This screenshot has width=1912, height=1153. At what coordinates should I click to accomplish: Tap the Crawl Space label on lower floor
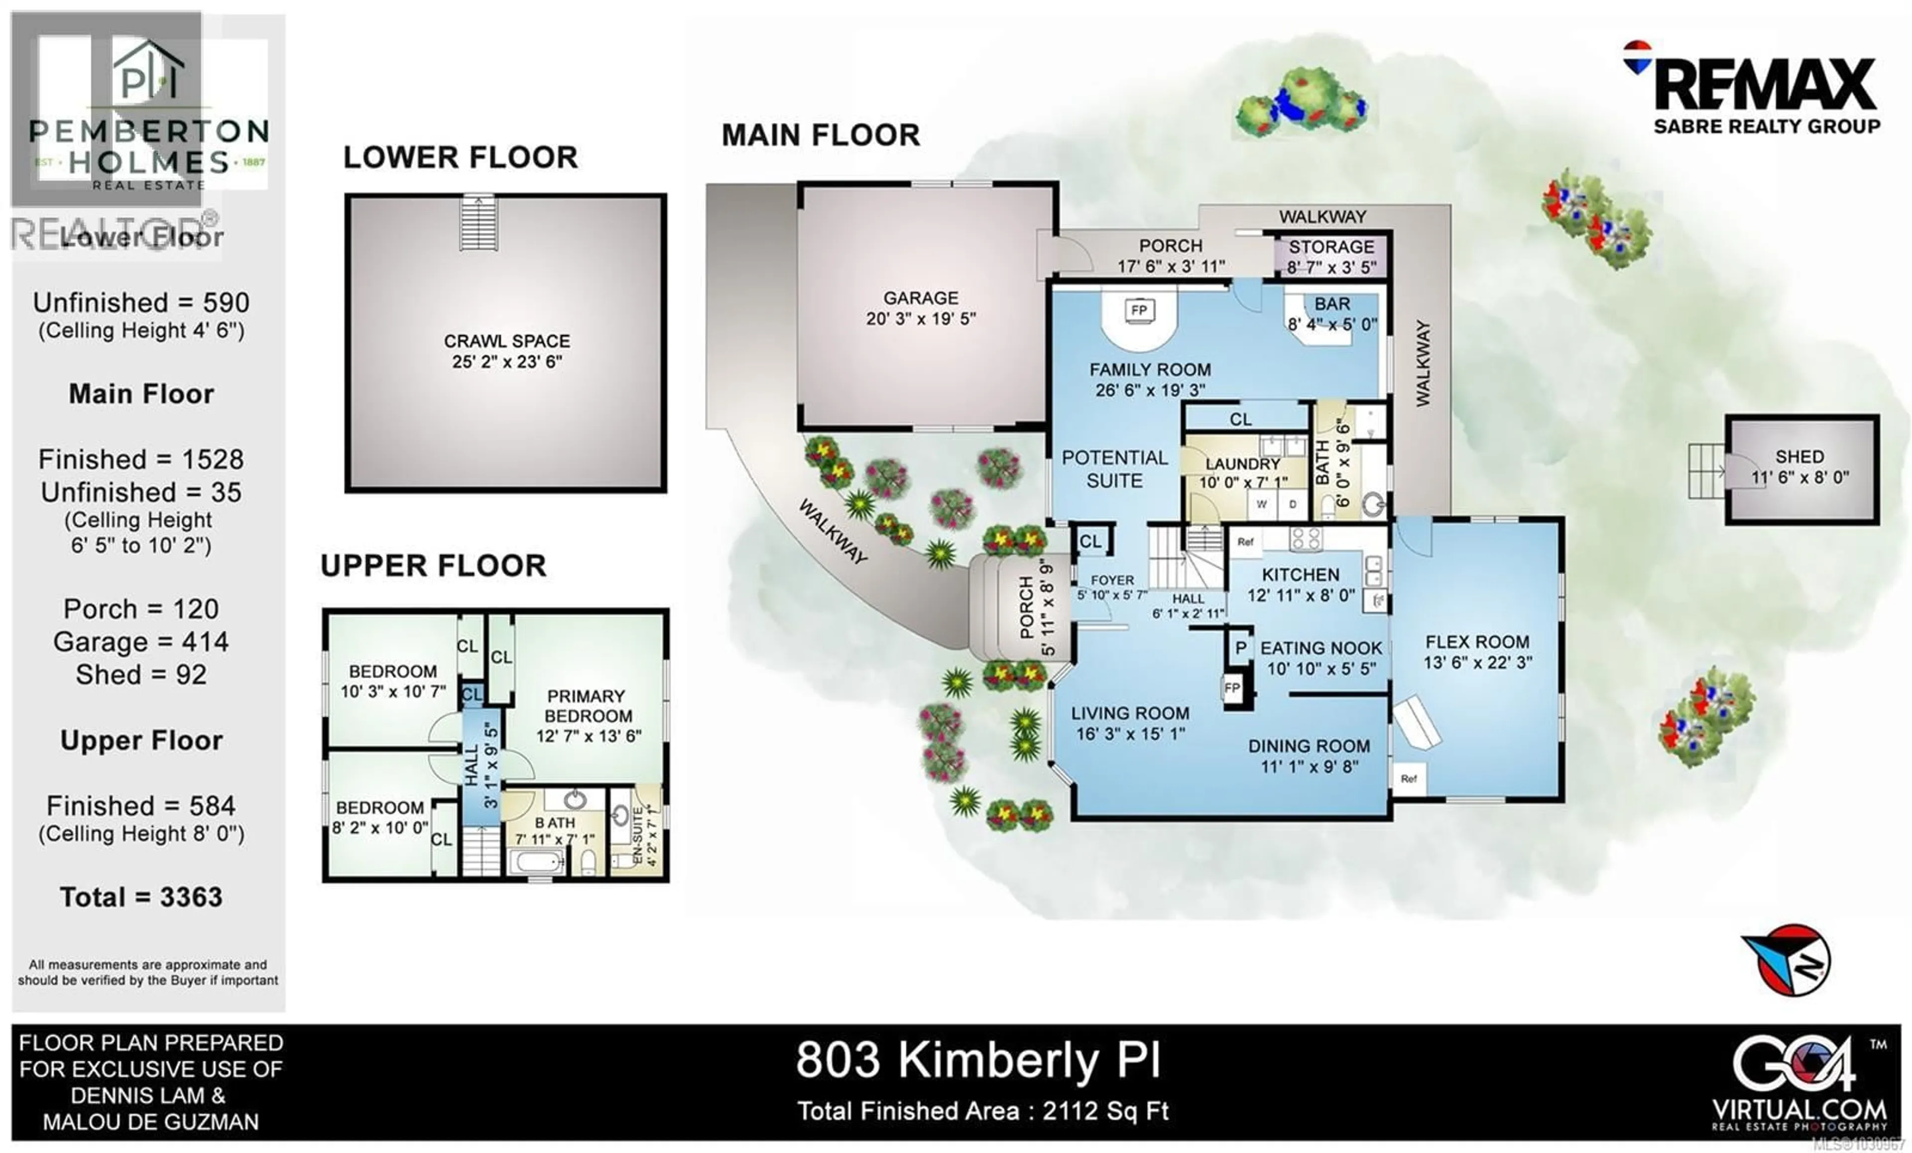point(507,342)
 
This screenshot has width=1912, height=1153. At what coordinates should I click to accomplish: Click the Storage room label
point(1331,247)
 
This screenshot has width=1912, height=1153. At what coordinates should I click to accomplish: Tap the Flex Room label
point(1477,642)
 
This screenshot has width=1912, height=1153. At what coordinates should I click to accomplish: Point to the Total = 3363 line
point(141,898)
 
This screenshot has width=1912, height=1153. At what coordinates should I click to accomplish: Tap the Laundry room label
point(1242,464)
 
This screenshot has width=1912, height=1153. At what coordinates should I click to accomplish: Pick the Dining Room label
point(1309,746)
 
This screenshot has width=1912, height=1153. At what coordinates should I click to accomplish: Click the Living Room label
point(1130,714)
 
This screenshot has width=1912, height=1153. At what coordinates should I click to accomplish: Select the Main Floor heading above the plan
point(820,135)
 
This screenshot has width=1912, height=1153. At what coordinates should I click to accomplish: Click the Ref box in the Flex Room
point(1409,778)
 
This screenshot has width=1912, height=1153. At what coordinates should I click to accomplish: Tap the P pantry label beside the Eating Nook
point(1240,648)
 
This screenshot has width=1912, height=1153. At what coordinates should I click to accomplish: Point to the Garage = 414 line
point(141,642)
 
